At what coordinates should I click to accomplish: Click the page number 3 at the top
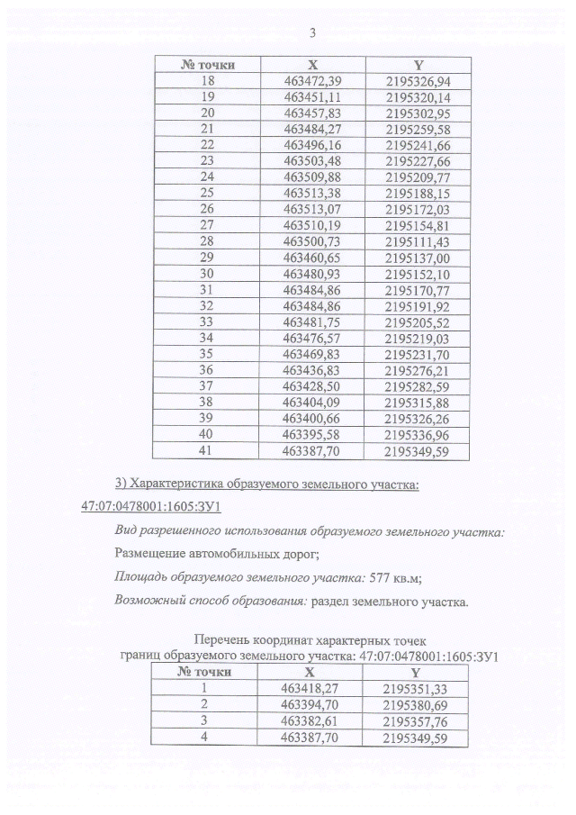(x=311, y=34)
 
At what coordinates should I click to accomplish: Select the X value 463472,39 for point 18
(x=312, y=80)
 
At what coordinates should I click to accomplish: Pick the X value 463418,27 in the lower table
(x=312, y=687)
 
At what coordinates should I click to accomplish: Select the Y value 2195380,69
(x=417, y=703)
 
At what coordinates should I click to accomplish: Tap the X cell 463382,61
(x=312, y=720)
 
